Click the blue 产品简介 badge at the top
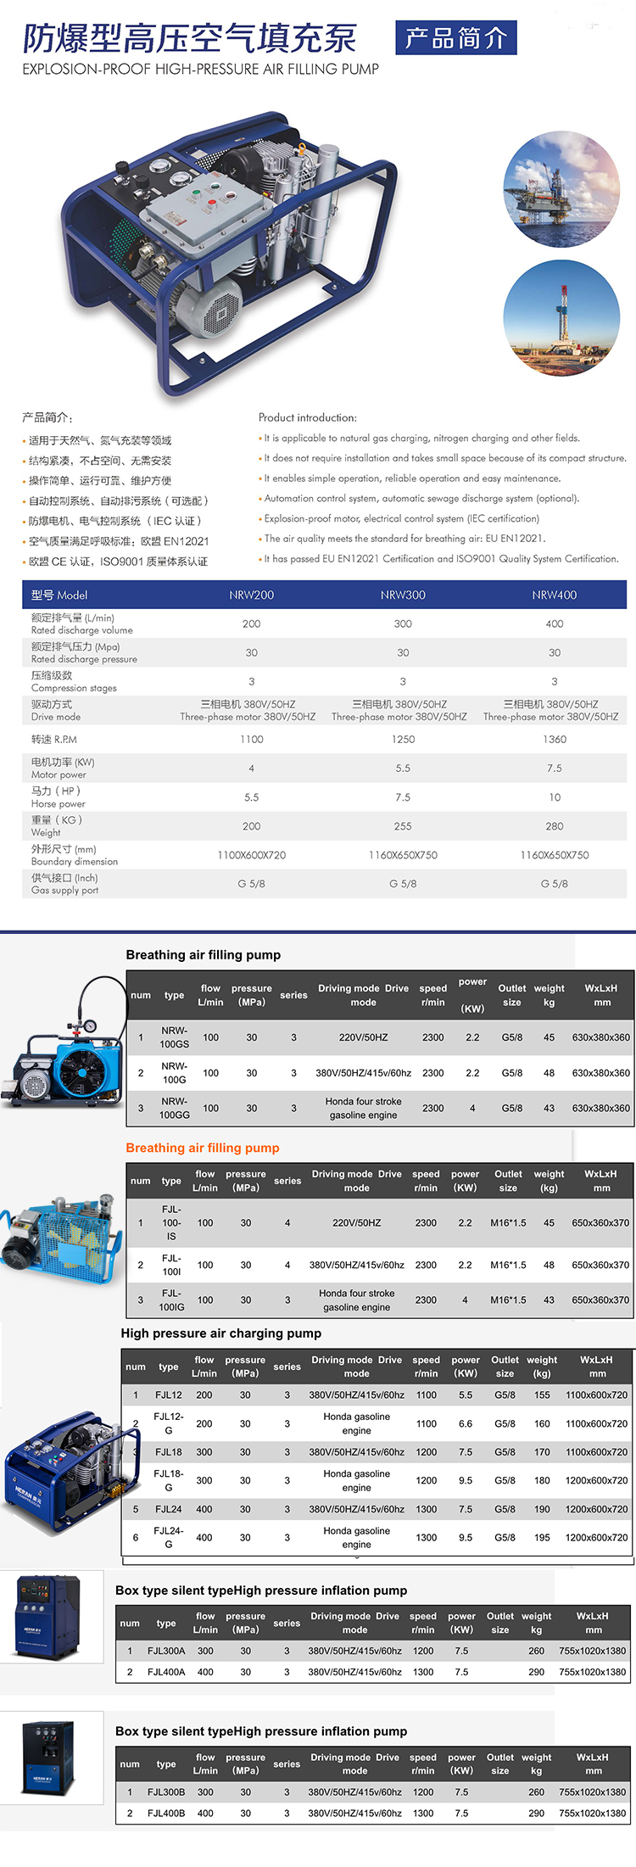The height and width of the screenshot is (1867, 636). pyautogui.click(x=455, y=38)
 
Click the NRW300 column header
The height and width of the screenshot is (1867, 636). pyautogui.click(x=403, y=595)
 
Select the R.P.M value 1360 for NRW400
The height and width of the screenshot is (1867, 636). pyautogui.click(x=555, y=739)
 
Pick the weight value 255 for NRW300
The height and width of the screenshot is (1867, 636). pyautogui.click(x=403, y=826)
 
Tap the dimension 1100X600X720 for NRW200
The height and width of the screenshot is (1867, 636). pyautogui.click(x=252, y=855)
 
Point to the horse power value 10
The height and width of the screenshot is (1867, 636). pyautogui.click(x=555, y=797)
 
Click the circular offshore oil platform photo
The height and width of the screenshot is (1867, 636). pyautogui.click(x=561, y=189)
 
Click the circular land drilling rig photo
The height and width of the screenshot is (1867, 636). pyautogui.click(x=561, y=317)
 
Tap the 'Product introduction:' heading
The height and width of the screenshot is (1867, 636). pyautogui.click(x=308, y=417)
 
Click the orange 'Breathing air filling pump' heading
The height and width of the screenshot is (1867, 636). pyautogui.click(x=203, y=1148)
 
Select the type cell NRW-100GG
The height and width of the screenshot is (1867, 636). pyautogui.click(x=175, y=1108)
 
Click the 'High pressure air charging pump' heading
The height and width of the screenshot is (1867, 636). pyautogui.click(x=221, y=1333)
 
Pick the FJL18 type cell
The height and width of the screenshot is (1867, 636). pyautogui.click(x=169, y=1452)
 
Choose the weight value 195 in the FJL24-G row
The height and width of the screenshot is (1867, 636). pyautogui.click(x=542, y=1537)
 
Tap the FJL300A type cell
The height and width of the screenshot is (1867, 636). pyautogui.click(x=166, y=1651)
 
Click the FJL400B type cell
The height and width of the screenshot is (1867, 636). pyautogui.click(x=166, y=1813)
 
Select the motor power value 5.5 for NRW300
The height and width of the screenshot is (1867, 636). pyautogui.click(x=403, y=769)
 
